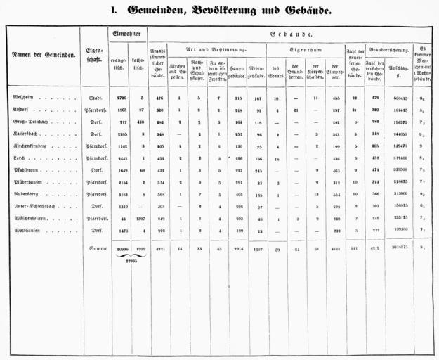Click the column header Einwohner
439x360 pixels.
[126, 34]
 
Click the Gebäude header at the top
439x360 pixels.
[292, 34]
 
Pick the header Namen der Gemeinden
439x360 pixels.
[44, 53]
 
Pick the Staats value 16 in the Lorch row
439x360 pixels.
[276, 158]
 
